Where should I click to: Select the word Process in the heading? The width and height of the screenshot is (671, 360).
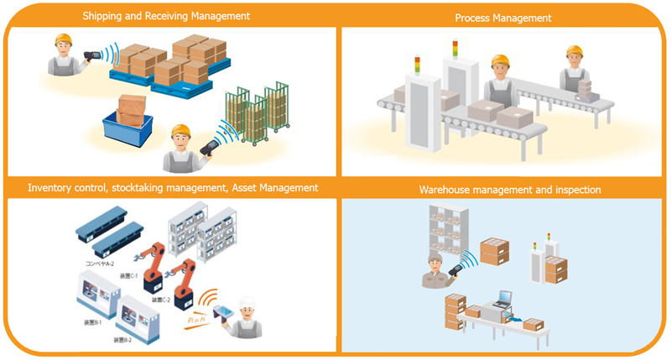pyautogui.click(x=473, y=18)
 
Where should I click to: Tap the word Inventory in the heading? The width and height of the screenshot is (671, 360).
pyautogui.click(x=51, y=188)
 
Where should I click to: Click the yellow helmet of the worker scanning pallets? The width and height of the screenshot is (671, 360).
pyautogui.click(x=63, y=39)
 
